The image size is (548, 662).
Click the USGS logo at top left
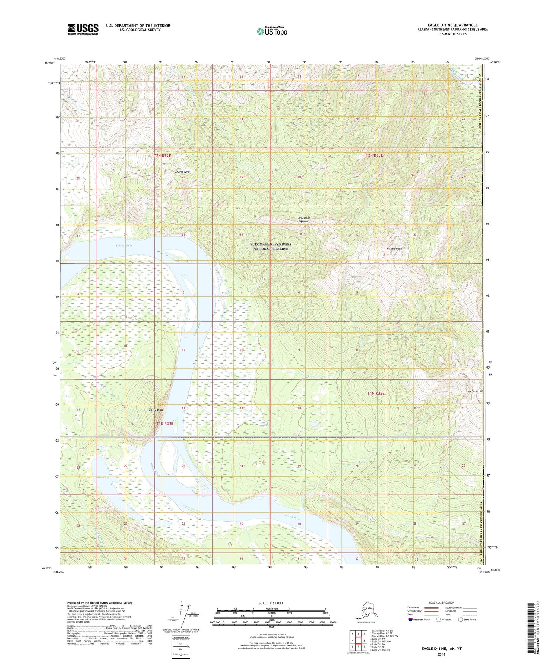[x=83, y=29]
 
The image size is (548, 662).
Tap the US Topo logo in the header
[x=272, y=31]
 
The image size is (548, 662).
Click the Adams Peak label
[x=182, y=172]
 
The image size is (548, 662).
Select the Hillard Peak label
[x=394, y=249]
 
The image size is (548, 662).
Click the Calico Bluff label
[x=156, y=409]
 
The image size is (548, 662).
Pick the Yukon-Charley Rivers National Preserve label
[x=271, y=246]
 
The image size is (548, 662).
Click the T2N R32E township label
[x=163, y=155]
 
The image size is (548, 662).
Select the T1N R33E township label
[x=376, y=394]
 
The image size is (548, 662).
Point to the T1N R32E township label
[x=165, y=423]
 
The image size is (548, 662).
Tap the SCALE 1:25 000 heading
[x=271, y=603]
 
